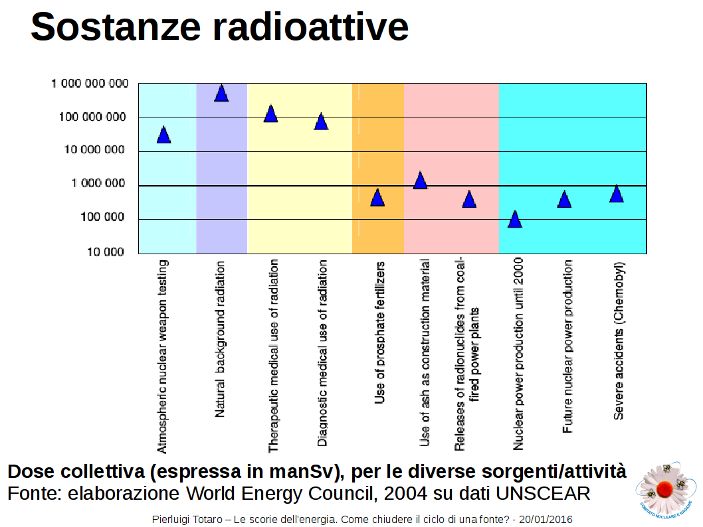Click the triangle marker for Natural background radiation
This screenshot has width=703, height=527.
[x=221, y=93]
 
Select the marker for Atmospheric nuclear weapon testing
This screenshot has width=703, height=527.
[x=163, y=135]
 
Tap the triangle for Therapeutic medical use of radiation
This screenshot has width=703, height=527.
[x=271, y=113]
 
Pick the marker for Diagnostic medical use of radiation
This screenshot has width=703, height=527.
[x=321, y=121]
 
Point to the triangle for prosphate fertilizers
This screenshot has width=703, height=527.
[x=377, y=197]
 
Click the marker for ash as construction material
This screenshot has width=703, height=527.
[x=420, y=180]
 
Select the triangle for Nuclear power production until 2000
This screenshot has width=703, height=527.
[x=515, y=219]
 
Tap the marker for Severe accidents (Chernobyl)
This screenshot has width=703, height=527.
[x=617, y=193]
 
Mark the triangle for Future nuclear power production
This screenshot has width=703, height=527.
[x=564, y=199]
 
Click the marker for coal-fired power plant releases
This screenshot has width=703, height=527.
[x=469, y=199]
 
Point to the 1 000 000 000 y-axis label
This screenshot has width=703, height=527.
[x=90, y=84]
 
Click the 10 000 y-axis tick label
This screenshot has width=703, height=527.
[x=106, y=252]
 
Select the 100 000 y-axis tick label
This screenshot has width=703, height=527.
[x=102, y=217]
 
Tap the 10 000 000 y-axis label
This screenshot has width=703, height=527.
[x=94, y=149]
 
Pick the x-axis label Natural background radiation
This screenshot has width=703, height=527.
[x=220, y=339]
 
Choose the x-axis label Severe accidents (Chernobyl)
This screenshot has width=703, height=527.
[x=618, y=340]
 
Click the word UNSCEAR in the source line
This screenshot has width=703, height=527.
[x=543, y=493]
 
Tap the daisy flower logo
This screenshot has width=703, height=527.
[x=666, y=489]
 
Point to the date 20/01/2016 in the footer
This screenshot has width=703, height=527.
[x=546, y=520]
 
